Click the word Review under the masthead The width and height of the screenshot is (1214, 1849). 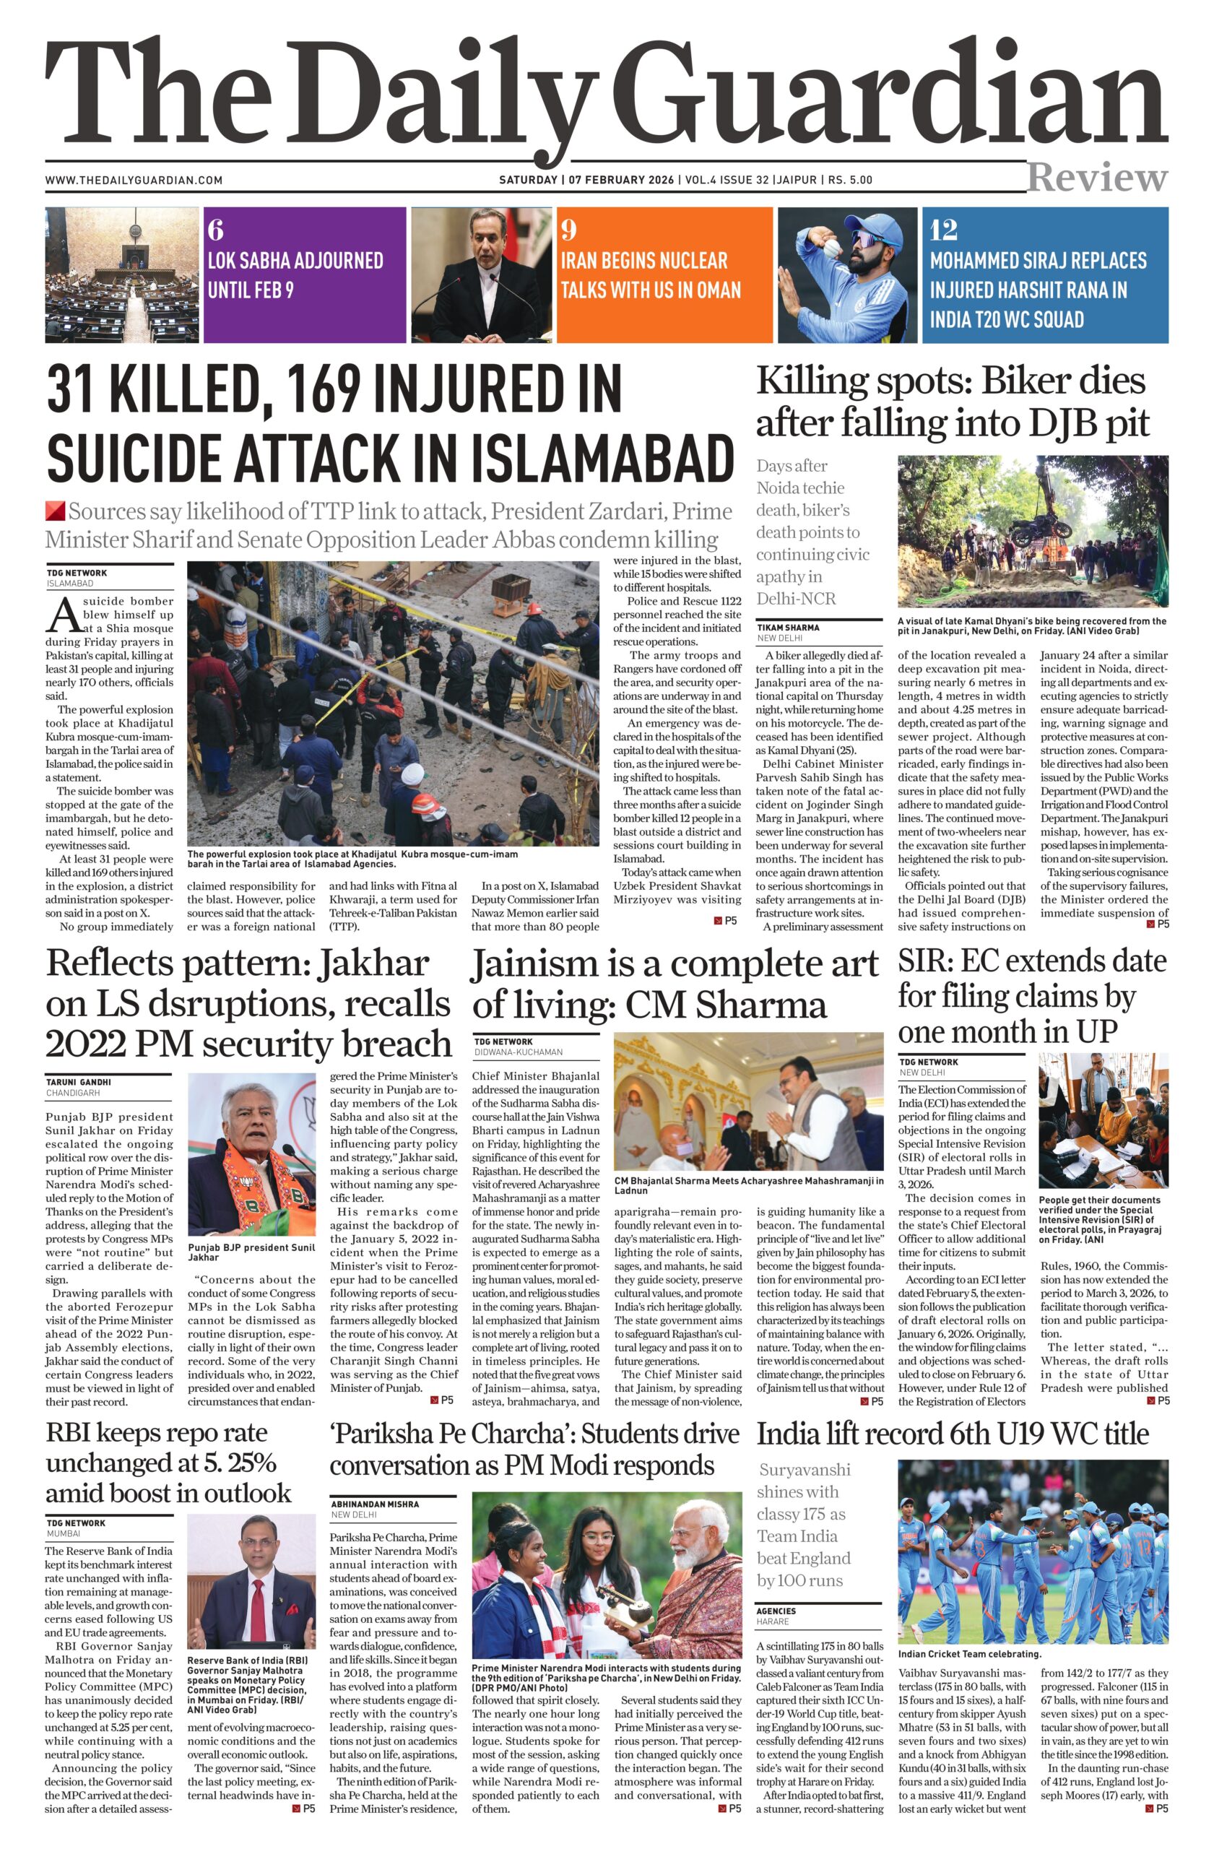[1097, 178]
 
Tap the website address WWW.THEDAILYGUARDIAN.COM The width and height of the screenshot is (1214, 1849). [134, 181]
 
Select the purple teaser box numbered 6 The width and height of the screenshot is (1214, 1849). [304, 274]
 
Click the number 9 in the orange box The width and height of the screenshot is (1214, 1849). [569, 230]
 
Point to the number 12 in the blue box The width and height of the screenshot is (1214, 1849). [944, 230]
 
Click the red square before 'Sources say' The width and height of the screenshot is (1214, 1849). [54, 511]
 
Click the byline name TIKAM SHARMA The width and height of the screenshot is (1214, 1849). [789, 627]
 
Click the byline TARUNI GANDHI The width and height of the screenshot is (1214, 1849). [79, 1081]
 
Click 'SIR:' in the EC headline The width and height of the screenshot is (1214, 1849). [925, 962]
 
